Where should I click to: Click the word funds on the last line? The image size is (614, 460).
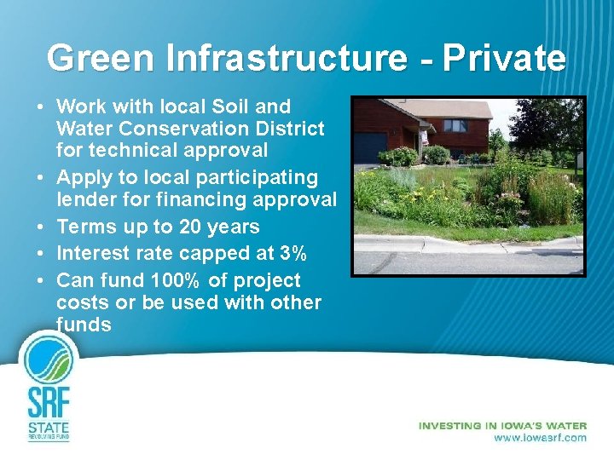pos(84,325)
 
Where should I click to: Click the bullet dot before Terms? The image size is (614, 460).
pos(40,227)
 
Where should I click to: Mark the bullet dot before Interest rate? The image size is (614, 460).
pos(40,254)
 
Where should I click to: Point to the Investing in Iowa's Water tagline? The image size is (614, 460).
pos(502,425)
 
